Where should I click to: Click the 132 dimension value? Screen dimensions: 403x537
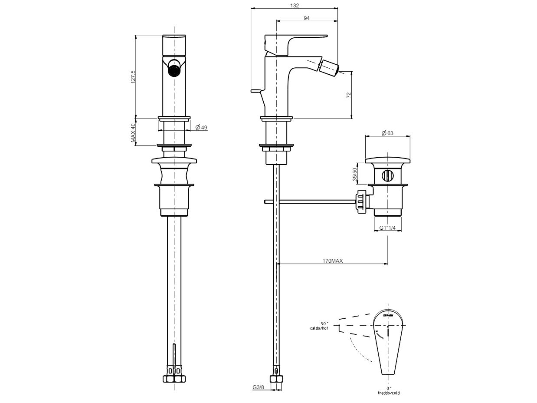(x=295, y=5)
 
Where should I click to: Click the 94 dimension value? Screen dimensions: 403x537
(x=307, y=18)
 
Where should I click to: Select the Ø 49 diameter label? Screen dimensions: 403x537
(x=201, y=127)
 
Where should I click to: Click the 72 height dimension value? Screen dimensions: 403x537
(x=348, y=96)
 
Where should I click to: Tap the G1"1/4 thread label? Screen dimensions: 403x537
(x=387, y=228)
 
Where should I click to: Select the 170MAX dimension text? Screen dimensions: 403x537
(x=333, y=261)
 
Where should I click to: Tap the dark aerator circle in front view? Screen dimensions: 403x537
(x=174, y=70)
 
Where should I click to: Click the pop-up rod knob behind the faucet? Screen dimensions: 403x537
(x=256, y=90)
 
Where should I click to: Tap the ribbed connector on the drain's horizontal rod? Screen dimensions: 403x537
(x=362, y=201)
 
